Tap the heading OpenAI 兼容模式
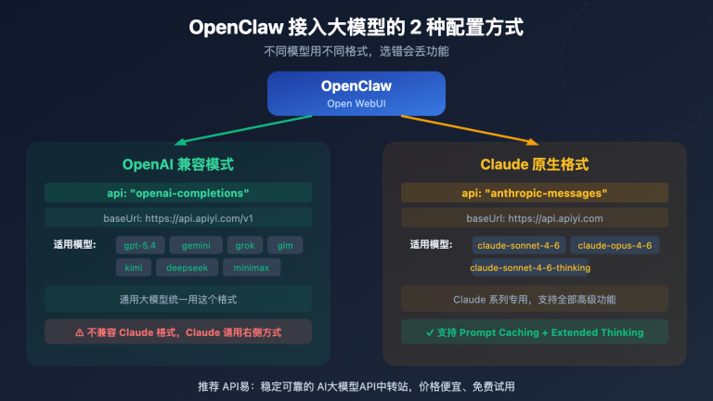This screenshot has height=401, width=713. pyautogui.click(x=178, y=165)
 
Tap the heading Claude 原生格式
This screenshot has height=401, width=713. pyautogui.click(x=534, y=165)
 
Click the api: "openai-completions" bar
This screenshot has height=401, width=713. pyautogui.click(x=178, y=193)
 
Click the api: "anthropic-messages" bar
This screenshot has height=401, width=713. pyautogui.click(x=534, y=193)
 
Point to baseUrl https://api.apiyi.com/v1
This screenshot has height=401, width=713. pyautogui.click(x=178, y=219)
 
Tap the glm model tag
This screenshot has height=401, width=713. pyautogui.click(x=285, y=246)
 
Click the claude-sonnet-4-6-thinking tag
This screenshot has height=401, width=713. pyautogui.click(x=530, y=268)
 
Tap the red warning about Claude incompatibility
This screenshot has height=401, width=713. pyautogui.click(x=178, y=331)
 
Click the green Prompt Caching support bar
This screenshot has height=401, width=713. pyautogui.click(x=534, y=331)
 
